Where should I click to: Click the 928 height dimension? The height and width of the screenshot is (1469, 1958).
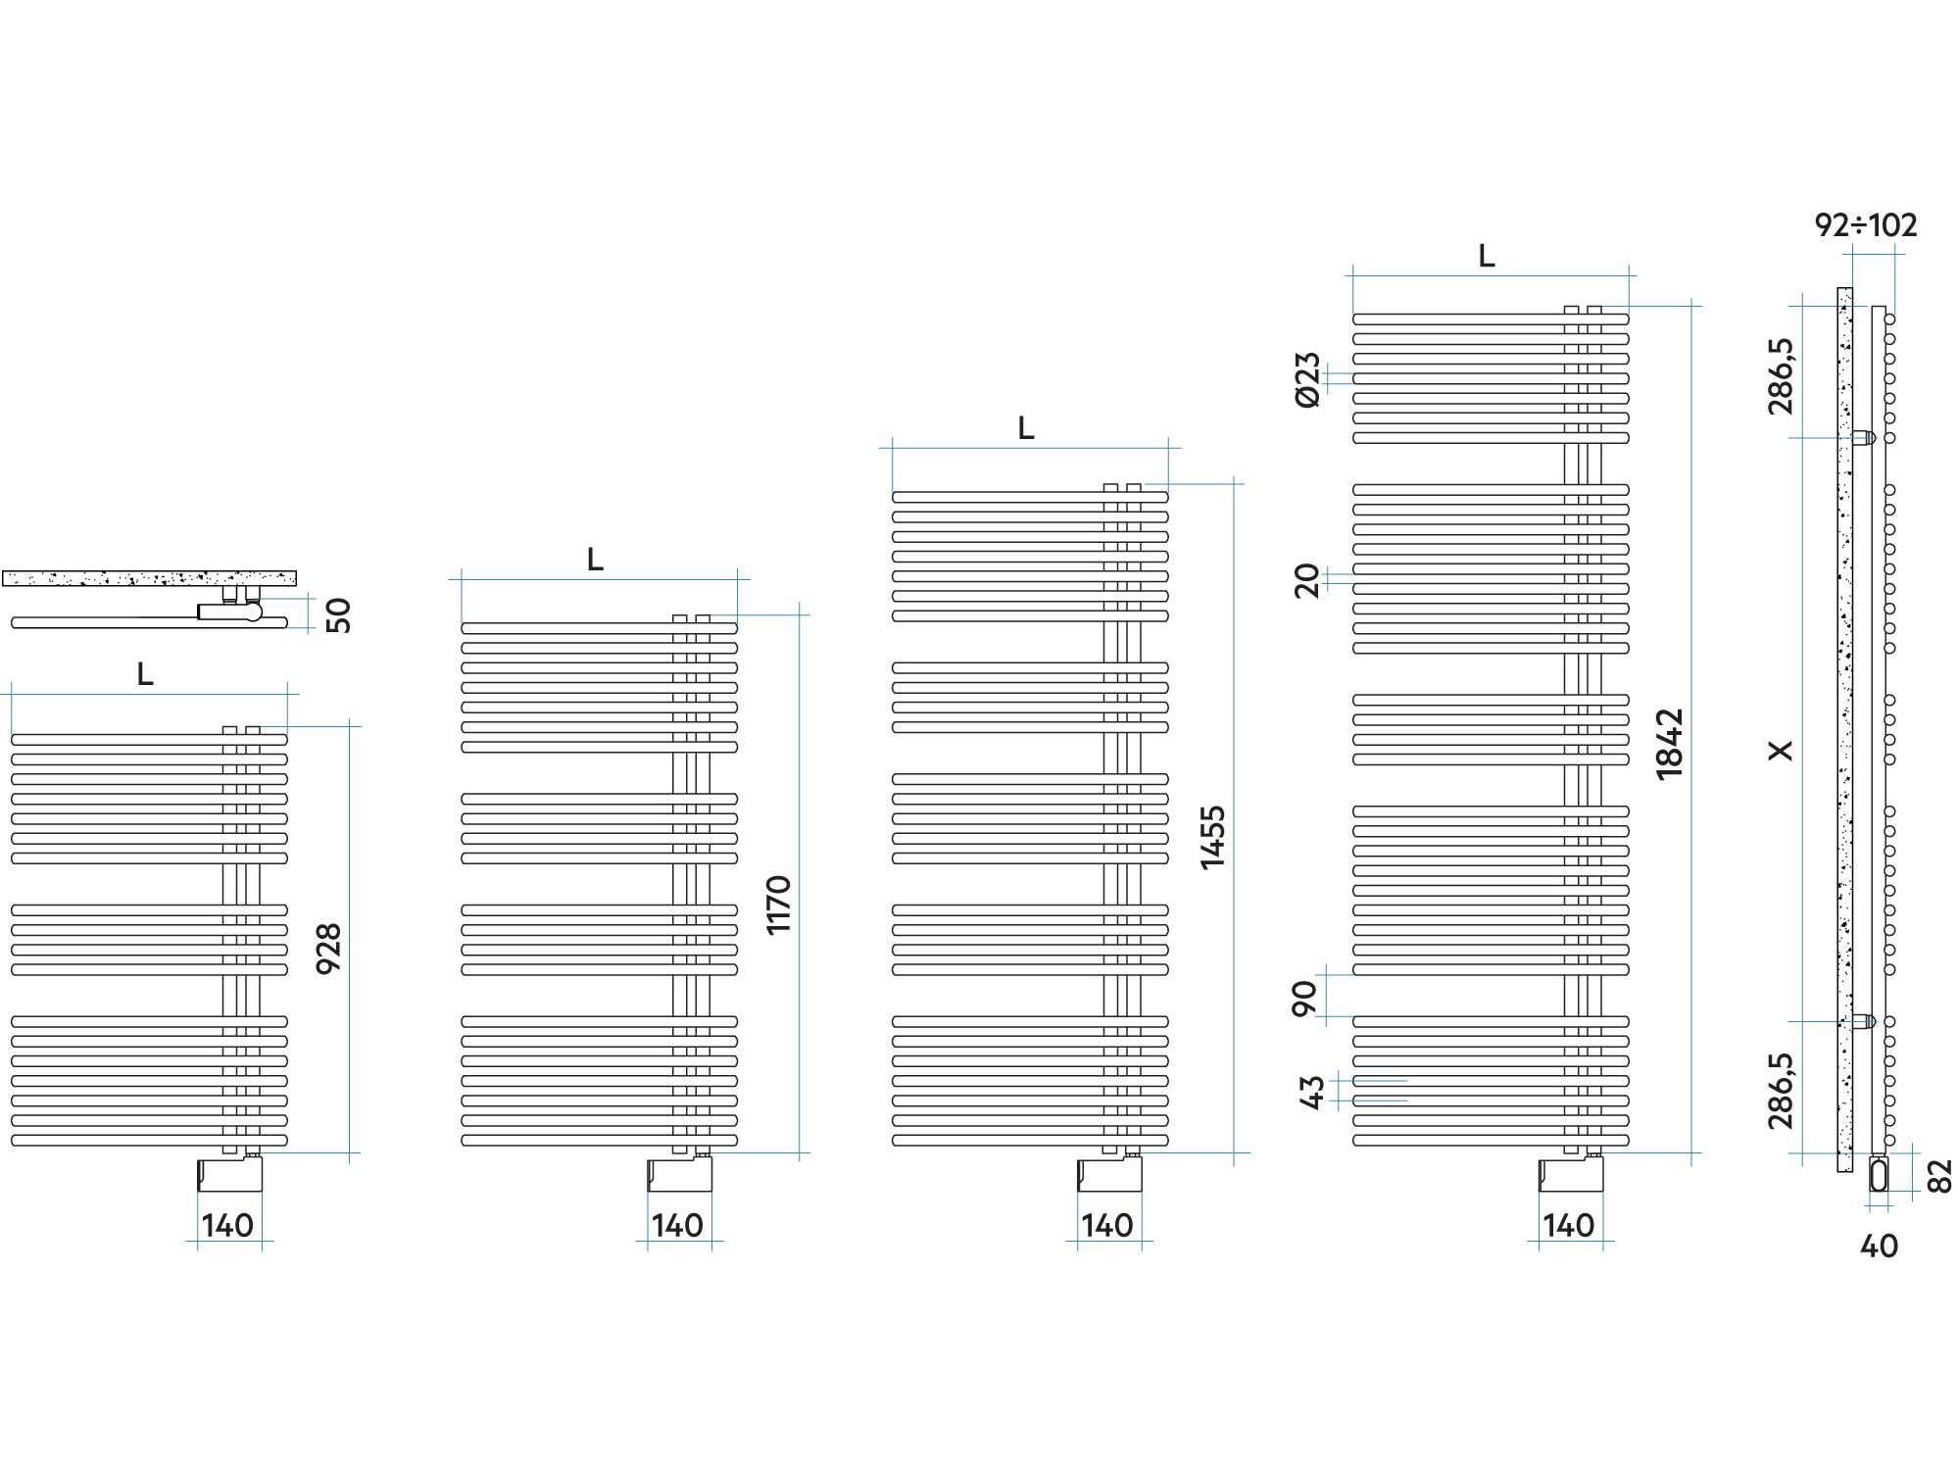[329, 948]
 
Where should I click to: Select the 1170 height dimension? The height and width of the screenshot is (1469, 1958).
[778, 906]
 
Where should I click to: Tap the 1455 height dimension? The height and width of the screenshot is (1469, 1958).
[1213, 837]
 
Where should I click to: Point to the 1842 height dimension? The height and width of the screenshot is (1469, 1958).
[1670, 744]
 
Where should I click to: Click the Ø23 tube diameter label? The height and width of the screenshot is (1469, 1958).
[1307, 379]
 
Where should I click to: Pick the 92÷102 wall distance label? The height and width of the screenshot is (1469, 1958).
[1866, 225]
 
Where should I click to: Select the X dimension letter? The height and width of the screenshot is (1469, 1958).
[1782, 750]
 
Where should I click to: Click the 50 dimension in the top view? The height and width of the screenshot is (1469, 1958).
[337, 615]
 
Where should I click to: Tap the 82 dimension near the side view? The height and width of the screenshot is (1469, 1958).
[1939, 1176]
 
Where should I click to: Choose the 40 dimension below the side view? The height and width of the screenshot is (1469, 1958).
[1879, 1247]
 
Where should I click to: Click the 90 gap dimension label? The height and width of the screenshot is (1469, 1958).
[1304, 998]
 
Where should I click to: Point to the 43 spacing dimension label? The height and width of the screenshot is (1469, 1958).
[1312, 1092]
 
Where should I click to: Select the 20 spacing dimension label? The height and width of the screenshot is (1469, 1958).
[1307, 581]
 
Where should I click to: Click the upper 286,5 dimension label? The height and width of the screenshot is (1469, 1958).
[1783, 375]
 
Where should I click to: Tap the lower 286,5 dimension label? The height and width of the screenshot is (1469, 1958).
[1783, 1091]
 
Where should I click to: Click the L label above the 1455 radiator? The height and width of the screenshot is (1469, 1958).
[1026, 428]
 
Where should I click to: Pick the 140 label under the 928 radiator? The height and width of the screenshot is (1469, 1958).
[227, 1225]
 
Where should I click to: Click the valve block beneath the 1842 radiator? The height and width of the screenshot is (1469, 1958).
[1571, 1174]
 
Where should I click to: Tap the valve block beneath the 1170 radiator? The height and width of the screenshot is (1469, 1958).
[679, 1174]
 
